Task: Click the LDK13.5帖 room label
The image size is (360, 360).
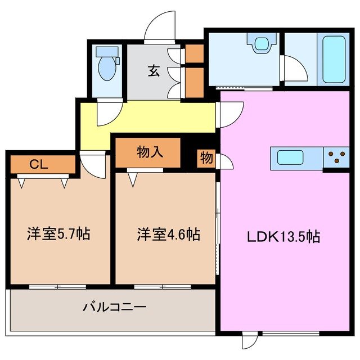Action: [x=283, y=237]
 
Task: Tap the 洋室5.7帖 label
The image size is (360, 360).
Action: [x=58, y=234]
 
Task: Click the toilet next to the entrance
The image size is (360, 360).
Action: [x=106, y=65]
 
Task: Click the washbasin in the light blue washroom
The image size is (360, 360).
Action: [x=262, y=44]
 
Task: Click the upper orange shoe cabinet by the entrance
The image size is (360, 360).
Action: [x=195, y=53]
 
